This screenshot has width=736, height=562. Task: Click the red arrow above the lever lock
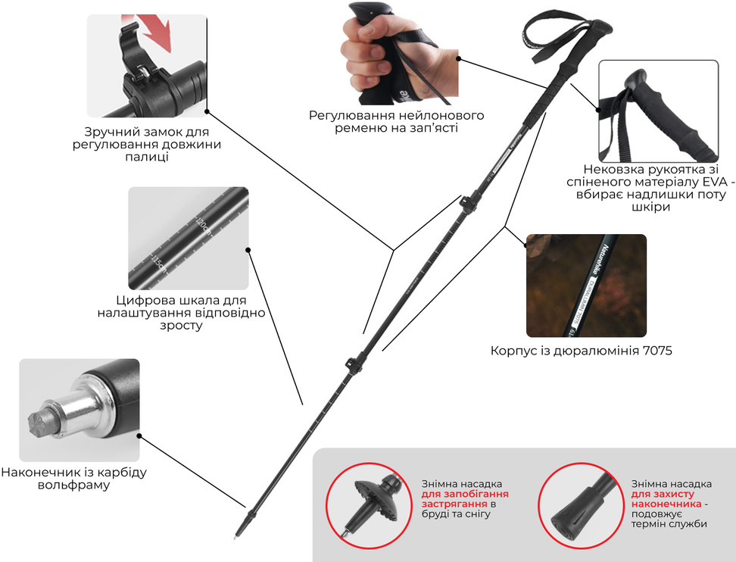(153, 32)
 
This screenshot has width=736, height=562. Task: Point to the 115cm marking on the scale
(159, 264)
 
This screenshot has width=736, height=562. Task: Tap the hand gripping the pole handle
(376, 54)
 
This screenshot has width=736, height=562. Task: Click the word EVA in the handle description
(714, 182)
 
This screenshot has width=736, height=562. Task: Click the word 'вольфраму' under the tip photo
(73, 485)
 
